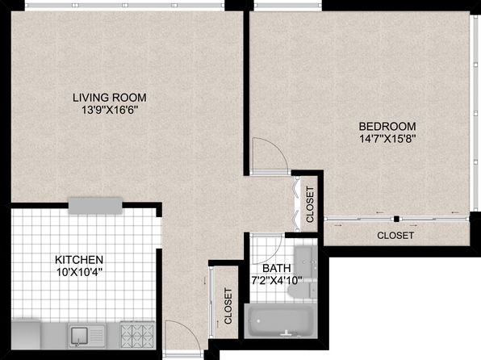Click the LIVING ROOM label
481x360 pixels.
point(110,98)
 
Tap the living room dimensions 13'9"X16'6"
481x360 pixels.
point(109,110)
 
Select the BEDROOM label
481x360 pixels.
point(387,127)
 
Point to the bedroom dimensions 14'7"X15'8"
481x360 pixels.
point(387,139)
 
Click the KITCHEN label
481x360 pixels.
point(79,260)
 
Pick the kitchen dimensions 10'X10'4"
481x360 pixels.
point(79,272)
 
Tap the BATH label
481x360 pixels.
point(276,268)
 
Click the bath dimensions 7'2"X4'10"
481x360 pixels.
point(277,281)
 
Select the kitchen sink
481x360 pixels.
point(87,336)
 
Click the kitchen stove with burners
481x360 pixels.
point(137,335)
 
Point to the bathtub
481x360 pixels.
point(281,320)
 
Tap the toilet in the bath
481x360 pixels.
point(303,289)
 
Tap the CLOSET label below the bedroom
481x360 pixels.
point(395,236)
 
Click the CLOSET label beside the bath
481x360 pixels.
point(228,306)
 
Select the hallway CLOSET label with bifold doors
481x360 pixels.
point(310,204)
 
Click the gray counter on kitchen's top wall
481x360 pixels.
point(95,206)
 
